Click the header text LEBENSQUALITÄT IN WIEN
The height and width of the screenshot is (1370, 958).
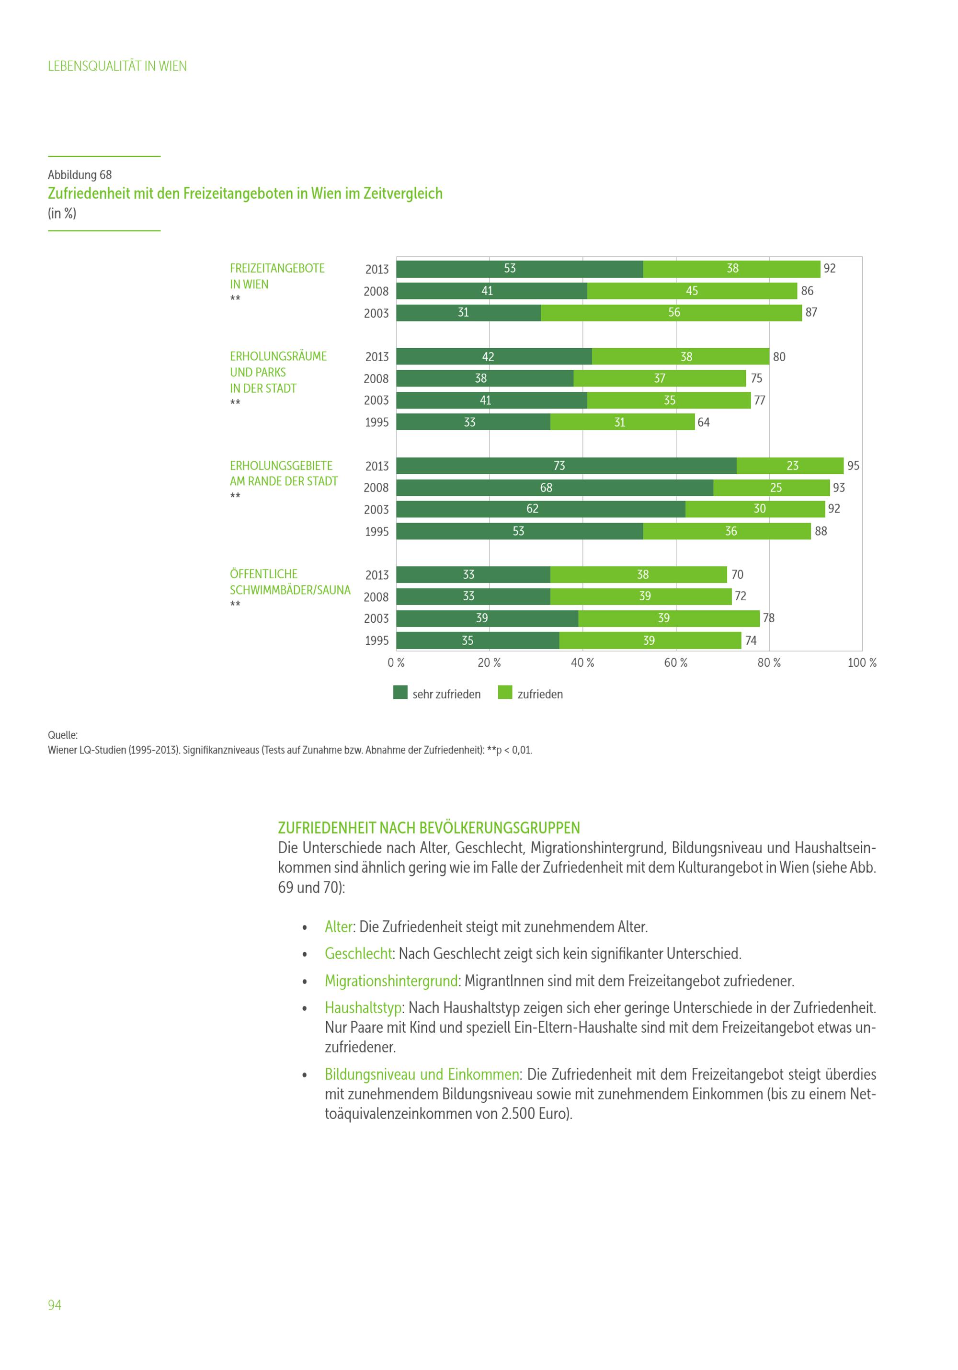pos(117,66)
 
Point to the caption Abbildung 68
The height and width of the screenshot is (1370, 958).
pos(80,175)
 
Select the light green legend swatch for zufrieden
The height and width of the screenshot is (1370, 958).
pos(505,692)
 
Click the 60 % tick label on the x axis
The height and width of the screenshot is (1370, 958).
pos(676,663)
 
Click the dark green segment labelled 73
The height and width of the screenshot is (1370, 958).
pos(566,466)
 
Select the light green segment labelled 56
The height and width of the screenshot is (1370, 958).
pos(671,313)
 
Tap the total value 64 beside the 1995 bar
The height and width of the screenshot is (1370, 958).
pos(704,422)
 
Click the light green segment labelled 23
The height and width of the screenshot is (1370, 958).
pos(790,466)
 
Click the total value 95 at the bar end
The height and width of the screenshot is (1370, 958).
pos(854,466)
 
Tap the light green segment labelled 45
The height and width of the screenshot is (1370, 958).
pos(692,291)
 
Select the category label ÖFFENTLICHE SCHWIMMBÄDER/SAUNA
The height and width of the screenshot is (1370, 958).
pos(290,582)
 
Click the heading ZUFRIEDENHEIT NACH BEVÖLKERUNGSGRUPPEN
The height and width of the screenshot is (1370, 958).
pos(429,828)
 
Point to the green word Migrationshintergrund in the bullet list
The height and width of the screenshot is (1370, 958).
pos(391,981)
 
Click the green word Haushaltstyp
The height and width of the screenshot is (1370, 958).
pos(363,1007)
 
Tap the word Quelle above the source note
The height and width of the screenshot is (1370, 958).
pos(63,735)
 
